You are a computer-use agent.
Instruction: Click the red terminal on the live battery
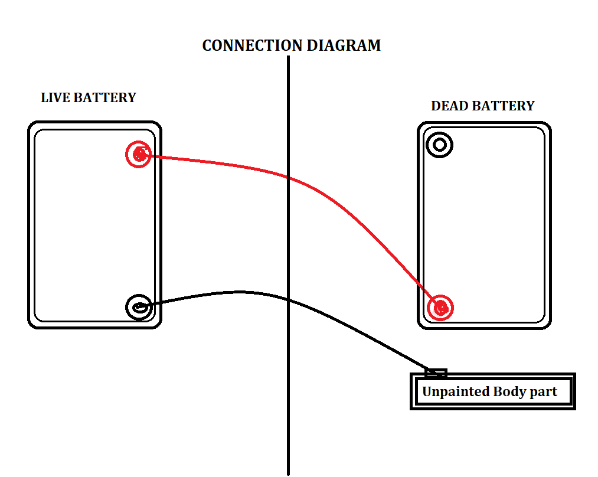pos(138,155)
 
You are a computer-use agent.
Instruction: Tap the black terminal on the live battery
pos(138,307)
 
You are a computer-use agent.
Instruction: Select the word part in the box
pos(543,392)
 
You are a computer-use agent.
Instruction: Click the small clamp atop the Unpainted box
pos(436,373)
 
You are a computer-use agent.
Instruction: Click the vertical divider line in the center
pos(288,413)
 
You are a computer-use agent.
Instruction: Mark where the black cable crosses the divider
pos(288,299)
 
